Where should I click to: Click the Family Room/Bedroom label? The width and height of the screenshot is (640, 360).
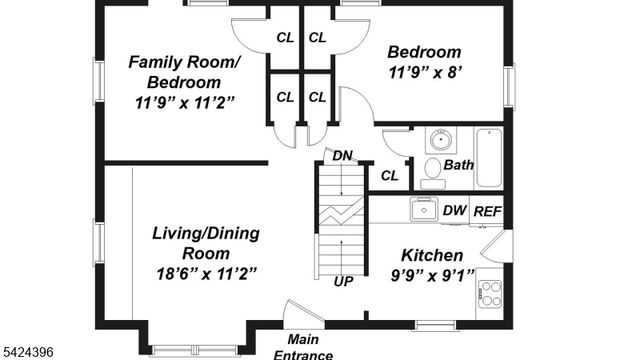[184, 71]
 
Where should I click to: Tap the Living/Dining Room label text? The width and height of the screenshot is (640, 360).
[206, 243]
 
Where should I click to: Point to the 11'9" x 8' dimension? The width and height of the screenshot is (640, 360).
[425, 72]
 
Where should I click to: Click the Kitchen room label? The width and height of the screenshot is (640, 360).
[432, 255]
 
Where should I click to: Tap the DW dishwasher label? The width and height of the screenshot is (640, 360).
[454, 211]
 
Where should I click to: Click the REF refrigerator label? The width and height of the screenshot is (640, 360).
[487, 211]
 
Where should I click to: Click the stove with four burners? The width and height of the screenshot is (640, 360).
[490, 291]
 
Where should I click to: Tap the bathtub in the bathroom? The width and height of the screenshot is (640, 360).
[489, 158]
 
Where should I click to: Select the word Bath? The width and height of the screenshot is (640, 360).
[459, 165]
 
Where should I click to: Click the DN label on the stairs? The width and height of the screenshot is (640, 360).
[342, 156]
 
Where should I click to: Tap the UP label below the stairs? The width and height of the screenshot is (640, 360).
[343, 281]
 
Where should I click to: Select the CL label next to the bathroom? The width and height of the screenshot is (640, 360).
[389, 176]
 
